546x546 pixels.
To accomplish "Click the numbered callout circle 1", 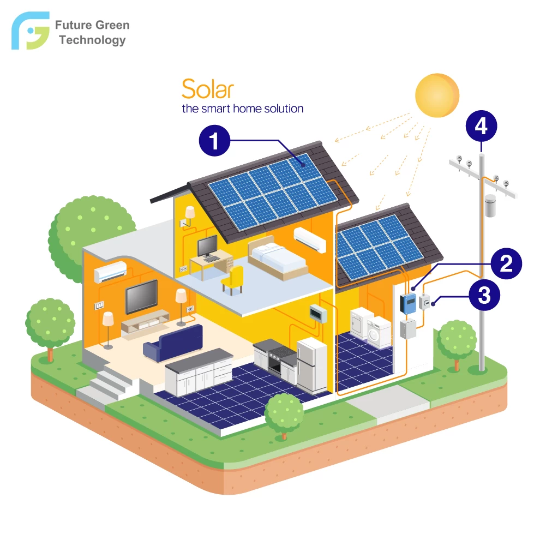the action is click(214, 140).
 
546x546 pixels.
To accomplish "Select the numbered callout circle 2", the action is click(506, 263).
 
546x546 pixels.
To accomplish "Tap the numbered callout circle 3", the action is click(484, 295).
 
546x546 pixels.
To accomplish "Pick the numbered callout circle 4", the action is click(481, 126).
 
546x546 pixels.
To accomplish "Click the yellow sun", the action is click(437, 95).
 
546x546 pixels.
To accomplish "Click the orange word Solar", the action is click(207, 89).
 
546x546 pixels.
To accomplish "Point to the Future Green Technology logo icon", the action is click(31, 31).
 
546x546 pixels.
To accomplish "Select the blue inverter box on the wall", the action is click(408, 303).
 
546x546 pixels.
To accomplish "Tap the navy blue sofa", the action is click(173, 343).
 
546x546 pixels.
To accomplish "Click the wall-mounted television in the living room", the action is click(141, 297).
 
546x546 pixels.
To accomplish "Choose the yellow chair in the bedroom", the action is click(232, 279).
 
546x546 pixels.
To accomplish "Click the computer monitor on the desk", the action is click(207, 245).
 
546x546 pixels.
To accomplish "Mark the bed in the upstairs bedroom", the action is click(278, 258).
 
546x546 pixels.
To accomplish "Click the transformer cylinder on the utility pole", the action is click(490, 206).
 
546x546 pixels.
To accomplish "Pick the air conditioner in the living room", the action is click(110, 272).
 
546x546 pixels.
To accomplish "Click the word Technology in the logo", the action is click(92, 40).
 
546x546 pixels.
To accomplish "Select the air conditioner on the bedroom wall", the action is click(310, 239).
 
